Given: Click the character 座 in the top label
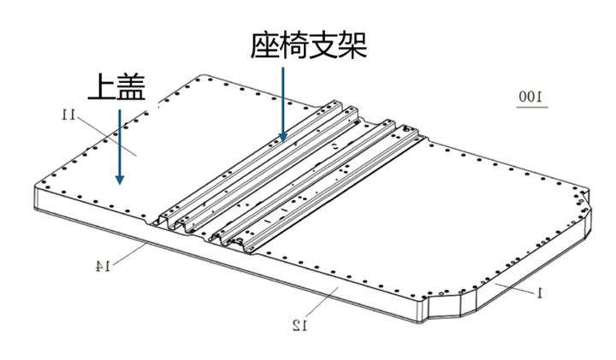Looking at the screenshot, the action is (264, 45).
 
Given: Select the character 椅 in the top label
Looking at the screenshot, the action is (293, 45).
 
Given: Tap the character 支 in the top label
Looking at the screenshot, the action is (323, 45).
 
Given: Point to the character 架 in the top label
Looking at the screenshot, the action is (352, 45).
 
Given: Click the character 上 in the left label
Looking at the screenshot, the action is (102, 86).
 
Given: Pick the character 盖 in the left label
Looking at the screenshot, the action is (131, 86).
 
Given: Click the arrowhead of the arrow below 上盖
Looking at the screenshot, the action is (120, 180).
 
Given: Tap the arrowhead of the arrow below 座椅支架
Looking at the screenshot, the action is (282, 137).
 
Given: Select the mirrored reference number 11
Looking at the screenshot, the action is (68, 115).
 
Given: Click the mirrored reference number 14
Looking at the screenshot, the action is (103, 266).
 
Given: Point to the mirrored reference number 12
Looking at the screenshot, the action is (300, 325).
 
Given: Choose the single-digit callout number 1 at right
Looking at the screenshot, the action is (540, 292).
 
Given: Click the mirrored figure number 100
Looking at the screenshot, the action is (531, 97).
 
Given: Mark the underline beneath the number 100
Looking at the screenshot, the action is (532, 107).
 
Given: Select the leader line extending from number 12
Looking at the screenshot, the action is (322, 302).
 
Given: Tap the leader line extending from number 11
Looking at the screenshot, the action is (106, 136).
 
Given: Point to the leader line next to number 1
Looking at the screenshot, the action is (515, 288).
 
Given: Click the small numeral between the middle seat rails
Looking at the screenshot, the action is (335, 147).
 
